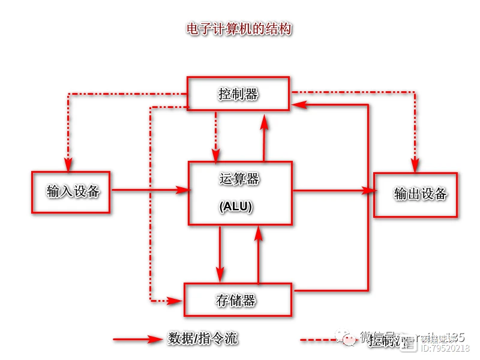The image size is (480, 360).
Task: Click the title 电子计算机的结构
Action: pos(239,29)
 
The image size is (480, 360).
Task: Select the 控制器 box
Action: pos(238,94)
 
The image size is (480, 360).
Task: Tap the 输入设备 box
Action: pos(71,192)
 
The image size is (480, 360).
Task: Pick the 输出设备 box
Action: pos(416,194)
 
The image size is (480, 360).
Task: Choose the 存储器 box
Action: pos(238,299)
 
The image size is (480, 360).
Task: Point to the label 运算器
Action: pos(239,178)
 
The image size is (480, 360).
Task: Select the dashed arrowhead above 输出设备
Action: pos(414,164)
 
